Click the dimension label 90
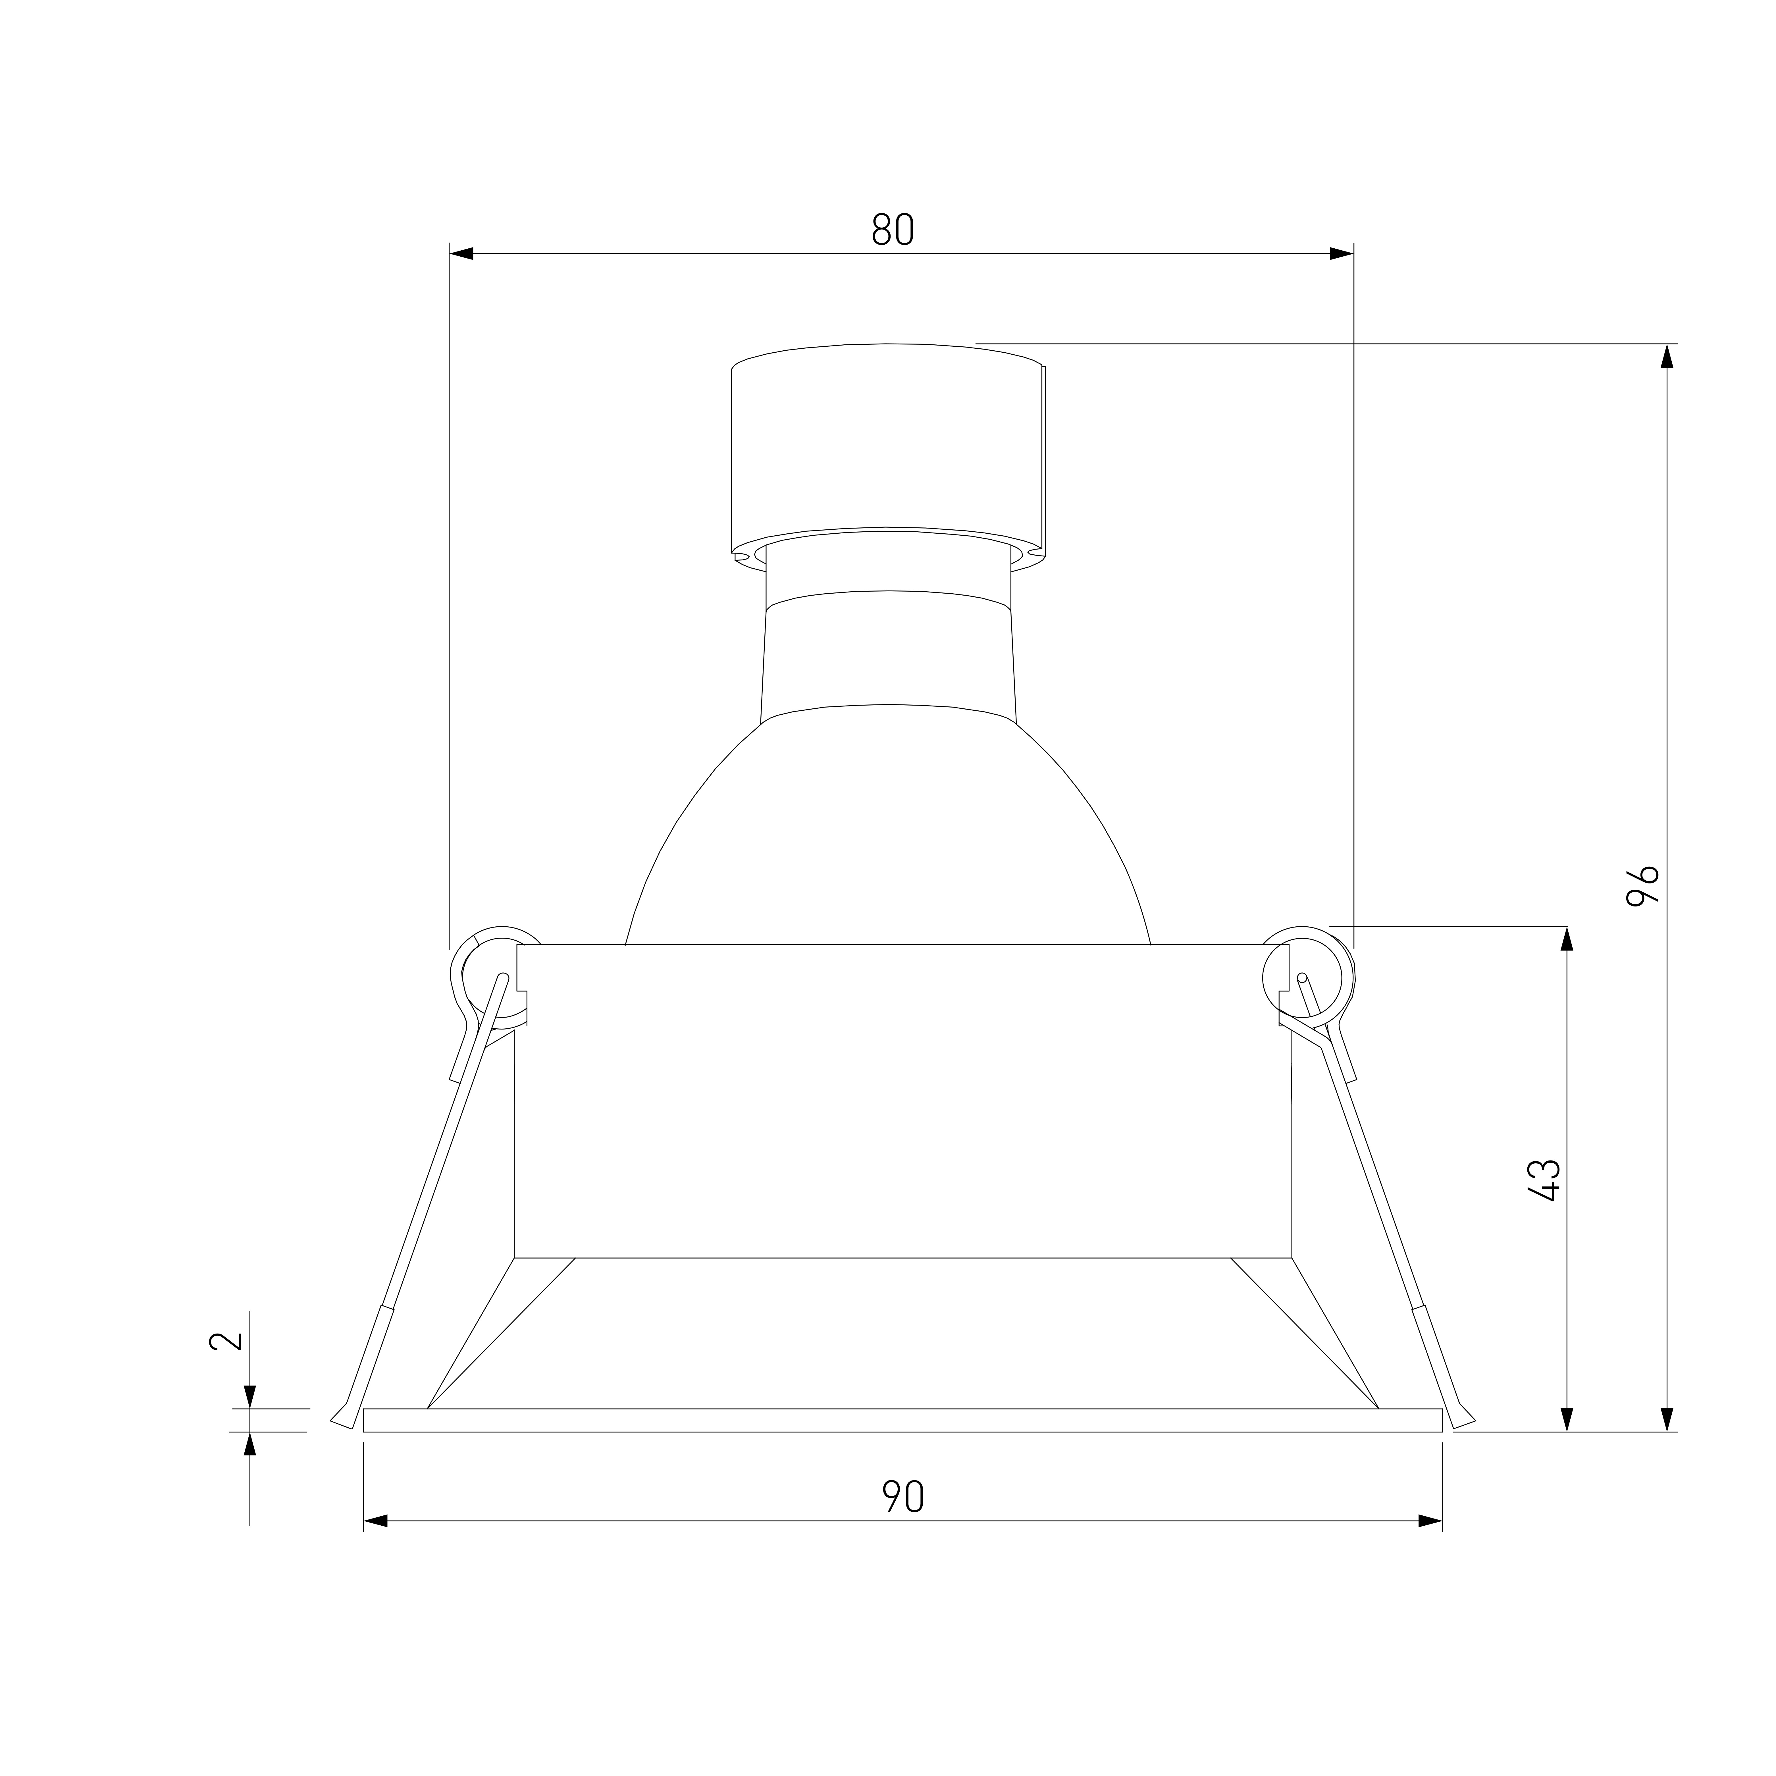pyautogui.click(x=903, y=1498)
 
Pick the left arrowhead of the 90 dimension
pyautogui.click(x=375, y=1521)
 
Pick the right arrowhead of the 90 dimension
pyautogui.click(x=1430, y=1521)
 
